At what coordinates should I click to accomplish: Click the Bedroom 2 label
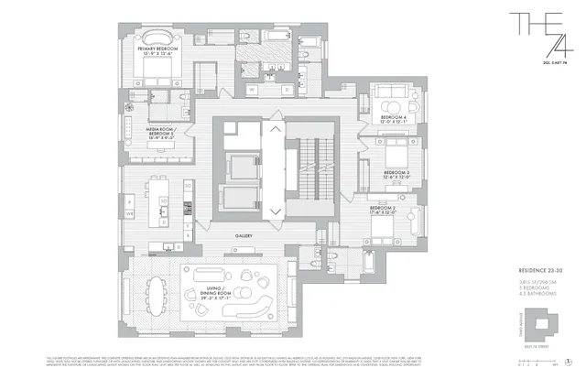[x=382, y=210]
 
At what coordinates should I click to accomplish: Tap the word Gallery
[x=244, y=235]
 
